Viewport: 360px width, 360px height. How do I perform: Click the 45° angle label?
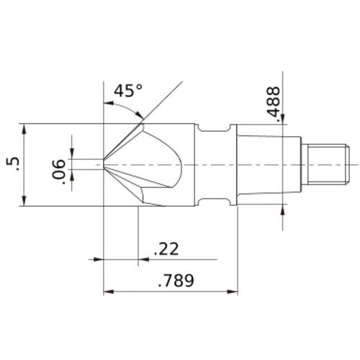pos(129,91)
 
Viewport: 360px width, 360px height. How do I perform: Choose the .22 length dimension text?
pos(166,249)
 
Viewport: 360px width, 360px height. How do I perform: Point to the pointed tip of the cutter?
pos(105,164)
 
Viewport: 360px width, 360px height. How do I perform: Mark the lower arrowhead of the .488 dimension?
pos(281,210)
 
